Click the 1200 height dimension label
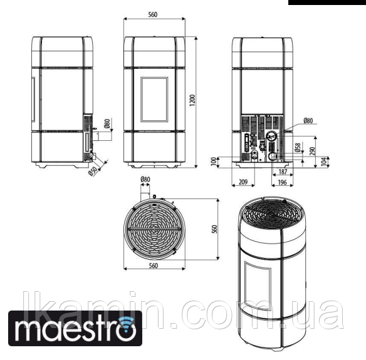(x=192, y=100)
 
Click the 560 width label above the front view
(x=153, y=14)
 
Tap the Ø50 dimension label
(x=93, y=172)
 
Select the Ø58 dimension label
(x=297, y=147)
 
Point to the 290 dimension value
(x=313, y=151)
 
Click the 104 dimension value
(x=324, y=162)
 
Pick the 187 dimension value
(x=283, y=172)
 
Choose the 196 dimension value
(x=283, y=182)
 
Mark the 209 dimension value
(x=243, y=182)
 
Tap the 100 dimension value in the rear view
(x=214, y=162)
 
